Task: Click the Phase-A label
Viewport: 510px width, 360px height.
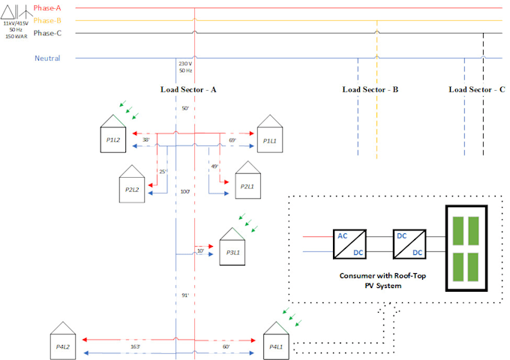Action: point(47,7)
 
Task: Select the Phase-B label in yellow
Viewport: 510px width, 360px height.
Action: point(47,20)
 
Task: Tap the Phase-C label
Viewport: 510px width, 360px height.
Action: point(47,33)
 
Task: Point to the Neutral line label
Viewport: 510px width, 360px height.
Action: point(47,58)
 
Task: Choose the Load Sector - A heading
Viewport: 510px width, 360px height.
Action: point(188,89)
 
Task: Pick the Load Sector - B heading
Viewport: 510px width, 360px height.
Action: point(370,89)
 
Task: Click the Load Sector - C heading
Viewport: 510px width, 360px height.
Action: point(476,89)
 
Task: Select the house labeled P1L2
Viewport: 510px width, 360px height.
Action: point(113,134)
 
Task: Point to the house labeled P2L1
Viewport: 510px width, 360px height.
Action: point(247,180)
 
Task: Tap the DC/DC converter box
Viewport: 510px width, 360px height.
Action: point(407,244)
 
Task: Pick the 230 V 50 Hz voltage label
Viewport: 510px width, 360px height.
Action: point(185,67)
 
